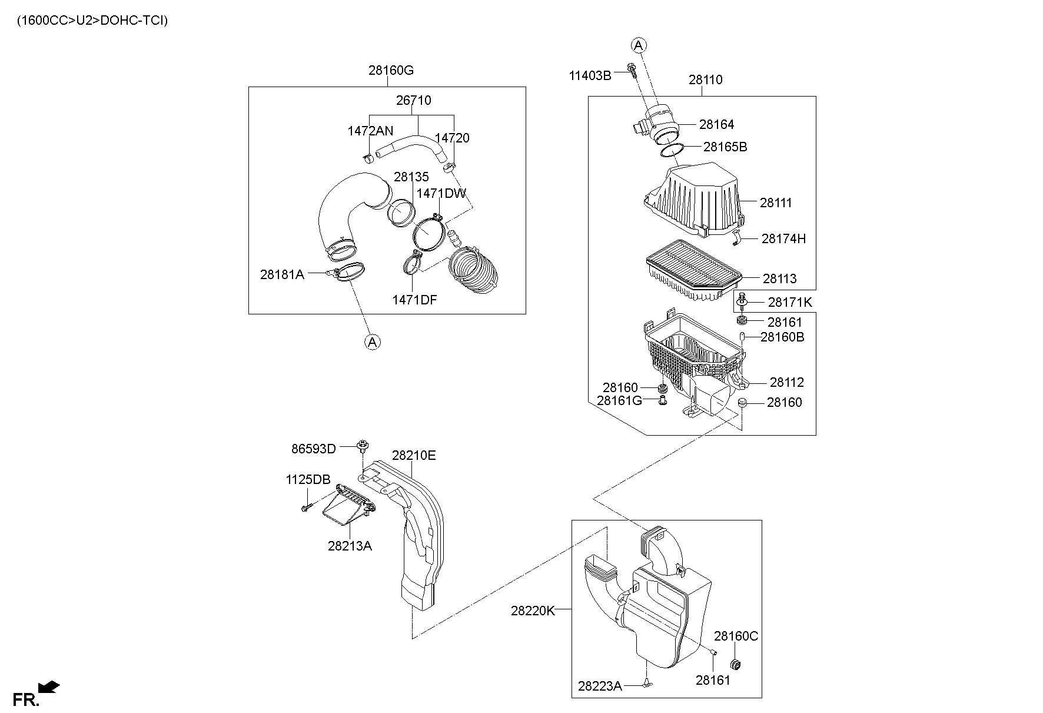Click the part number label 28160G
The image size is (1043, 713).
[x=391, y=70]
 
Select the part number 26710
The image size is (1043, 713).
[x=413, y=100]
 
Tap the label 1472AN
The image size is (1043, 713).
[x=370, y=131]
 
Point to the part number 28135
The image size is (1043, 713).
[x=411, y=177]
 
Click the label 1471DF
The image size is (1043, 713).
[x=414, y=300]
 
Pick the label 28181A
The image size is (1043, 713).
[x=282, y=274]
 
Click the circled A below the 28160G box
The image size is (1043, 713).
[x=372, y=341]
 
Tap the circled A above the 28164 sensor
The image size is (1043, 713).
[x=639, y=45]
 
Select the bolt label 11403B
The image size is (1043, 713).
[x=590, y=75]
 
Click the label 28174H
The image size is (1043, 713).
[x=783, y=238]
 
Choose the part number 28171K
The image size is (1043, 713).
[x=790, y=303]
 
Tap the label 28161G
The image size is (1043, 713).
[x=619, y=401]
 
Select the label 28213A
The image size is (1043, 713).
[x=350, y=546]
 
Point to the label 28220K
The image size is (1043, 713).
[x=533, y=611]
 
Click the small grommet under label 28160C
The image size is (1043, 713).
[x=735, y=665]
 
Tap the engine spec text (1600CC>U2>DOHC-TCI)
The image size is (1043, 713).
[x=92, y=21]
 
